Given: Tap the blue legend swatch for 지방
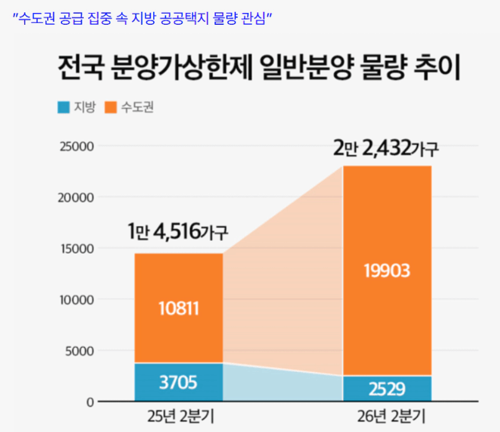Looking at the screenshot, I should [63, 107].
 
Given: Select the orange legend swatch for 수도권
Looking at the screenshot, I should [111, 107].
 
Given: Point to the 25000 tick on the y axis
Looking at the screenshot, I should [78, 146].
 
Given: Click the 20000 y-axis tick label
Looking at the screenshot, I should [78, 197].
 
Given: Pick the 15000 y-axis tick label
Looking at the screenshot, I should [78, 249].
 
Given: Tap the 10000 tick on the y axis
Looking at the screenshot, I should [78, 300].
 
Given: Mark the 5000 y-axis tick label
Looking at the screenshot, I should [80, 351].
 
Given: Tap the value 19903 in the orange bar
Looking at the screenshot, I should [387, 271].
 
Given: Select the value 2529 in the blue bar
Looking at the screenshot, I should [387, 389].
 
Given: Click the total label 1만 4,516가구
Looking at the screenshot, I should [178, 233].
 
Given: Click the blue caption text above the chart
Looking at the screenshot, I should [143, 17].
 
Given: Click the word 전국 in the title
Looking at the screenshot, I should [81, 68].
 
